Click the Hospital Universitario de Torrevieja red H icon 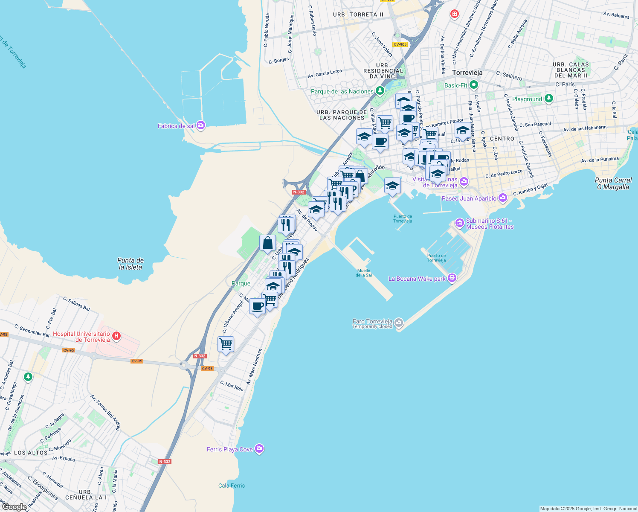[x=116, y=337]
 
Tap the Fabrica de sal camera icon [x=201, y=125]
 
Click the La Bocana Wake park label [x=417, y=279]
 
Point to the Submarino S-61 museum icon [x=460, y=223]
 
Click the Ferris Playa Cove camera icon [x=259, y=449]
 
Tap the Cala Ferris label [x=231, y=486]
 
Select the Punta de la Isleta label [x=130, y=264]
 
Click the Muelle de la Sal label [x=364, y=273]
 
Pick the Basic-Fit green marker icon [x=474, y=85]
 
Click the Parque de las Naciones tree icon [x=379, y=91]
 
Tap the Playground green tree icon [x=549, y=99]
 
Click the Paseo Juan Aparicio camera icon [x=503, y=198]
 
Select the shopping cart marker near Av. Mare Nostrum [x=226, y=344]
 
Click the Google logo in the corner [x=14, y=506]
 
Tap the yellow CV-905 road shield [x=400, y=44]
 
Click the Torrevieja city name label [x=467, y=73]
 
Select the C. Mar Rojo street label [x=232, y=386]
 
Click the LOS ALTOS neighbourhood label [x=31, y=453]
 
